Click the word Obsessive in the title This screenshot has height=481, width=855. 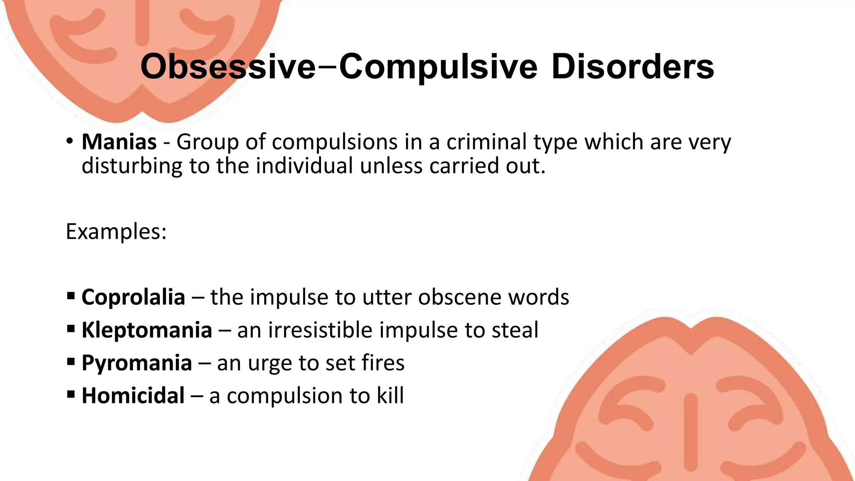(228, 67)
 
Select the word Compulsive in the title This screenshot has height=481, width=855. (438, 67)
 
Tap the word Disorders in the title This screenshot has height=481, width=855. (632, 67)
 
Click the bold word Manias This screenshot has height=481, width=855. (119, 142)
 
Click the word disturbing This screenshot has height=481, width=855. (132, 166)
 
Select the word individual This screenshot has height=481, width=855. (304, 166)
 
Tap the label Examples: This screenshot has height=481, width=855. (116, 231)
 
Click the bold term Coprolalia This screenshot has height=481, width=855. (133, 297)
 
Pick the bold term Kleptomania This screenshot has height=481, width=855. (147, 330)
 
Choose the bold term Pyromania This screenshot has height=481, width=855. (137, 363)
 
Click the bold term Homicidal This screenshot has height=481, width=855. (133, 396)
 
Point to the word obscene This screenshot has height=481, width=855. (459, 297)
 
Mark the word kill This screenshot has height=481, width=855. (390, 396)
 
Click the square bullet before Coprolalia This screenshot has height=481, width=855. (71, 296)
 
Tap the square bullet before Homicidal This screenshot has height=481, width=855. (71, 395)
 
